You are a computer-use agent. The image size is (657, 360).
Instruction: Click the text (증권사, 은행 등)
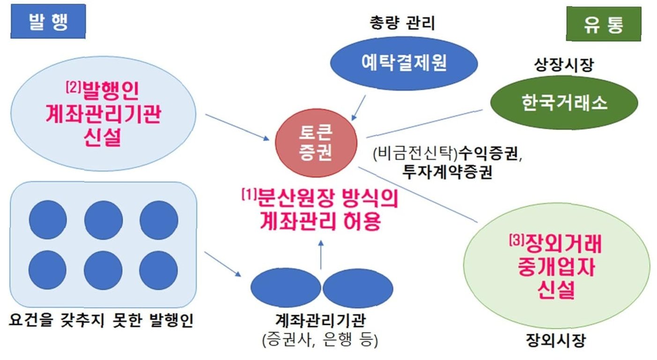[x=321, y=339]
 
